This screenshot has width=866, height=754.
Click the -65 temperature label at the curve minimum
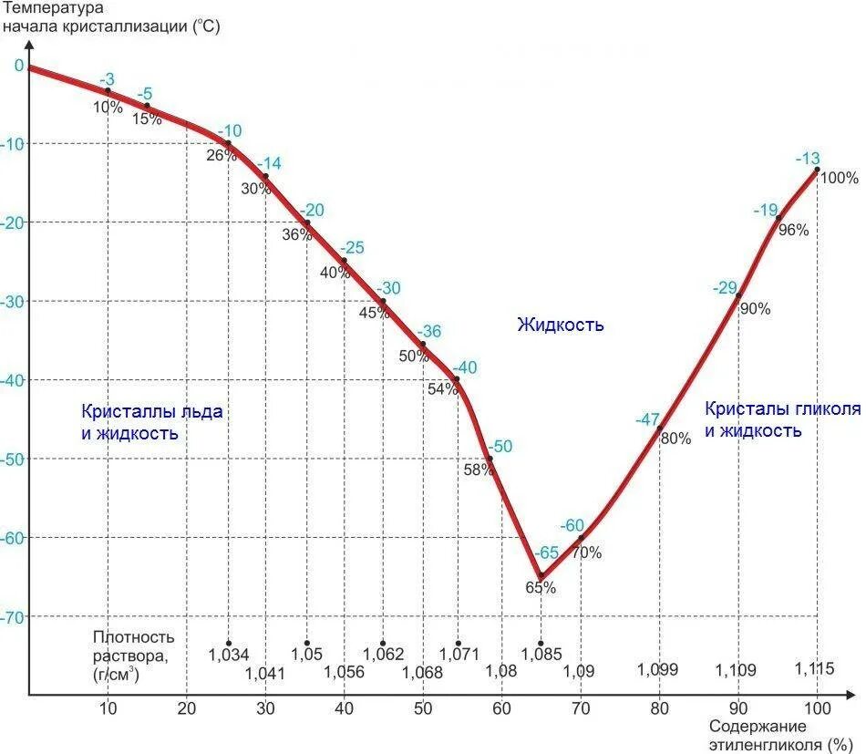point(547,553)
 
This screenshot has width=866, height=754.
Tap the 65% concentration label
point(541,588)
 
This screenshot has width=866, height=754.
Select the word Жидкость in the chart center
point(561,325)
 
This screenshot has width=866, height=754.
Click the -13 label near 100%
point(808,157)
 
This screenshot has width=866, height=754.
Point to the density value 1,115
point(814,668)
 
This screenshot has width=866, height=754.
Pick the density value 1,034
point(228,654)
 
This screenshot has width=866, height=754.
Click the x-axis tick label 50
point(423,709)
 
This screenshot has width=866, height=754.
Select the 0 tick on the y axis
point(17,65)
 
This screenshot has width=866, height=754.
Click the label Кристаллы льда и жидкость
point(151,422)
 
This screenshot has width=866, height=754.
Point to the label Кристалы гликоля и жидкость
point(781,419)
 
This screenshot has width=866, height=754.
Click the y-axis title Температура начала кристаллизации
point(110,17)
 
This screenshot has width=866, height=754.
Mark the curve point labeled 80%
point(659,427)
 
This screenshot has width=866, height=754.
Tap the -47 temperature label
point(647,419)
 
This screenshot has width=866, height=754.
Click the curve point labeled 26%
point(228,144)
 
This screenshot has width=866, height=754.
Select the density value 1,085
point(541,654)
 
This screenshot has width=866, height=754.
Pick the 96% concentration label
point(793,230)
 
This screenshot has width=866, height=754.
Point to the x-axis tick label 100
point(817,709)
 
